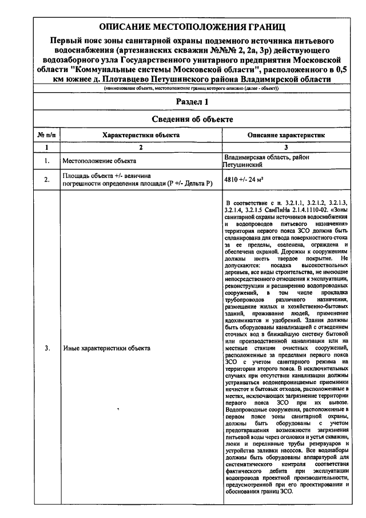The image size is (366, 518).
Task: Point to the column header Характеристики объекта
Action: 141,135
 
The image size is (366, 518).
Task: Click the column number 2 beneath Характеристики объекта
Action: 141,148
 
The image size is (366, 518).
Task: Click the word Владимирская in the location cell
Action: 246,157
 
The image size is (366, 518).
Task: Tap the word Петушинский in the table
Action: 242,165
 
